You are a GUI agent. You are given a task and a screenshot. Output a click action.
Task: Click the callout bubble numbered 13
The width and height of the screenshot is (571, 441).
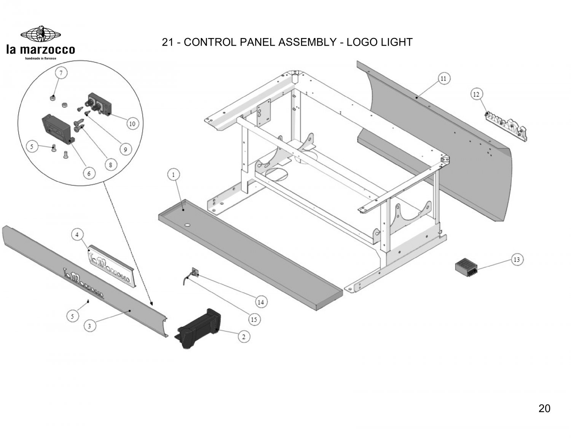517,260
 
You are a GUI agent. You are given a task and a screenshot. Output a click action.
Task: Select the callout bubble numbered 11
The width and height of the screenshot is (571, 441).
443,79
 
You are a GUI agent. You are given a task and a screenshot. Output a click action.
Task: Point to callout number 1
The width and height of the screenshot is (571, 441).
174,175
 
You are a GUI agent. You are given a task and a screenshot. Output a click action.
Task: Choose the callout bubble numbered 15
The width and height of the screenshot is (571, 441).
254,319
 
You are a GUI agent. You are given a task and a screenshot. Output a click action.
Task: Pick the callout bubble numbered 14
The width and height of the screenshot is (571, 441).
261,302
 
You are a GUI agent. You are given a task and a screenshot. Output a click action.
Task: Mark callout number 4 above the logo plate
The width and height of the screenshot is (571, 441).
77,235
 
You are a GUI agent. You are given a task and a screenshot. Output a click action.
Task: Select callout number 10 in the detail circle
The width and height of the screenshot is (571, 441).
132,124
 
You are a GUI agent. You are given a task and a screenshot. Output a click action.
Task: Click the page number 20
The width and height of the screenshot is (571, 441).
544,409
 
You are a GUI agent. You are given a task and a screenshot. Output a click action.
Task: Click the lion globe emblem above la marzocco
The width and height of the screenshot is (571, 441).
41,34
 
